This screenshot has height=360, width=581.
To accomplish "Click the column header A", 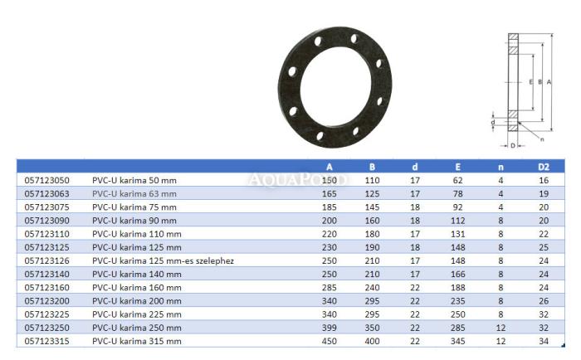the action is pyautogui.click(x=329, y=167).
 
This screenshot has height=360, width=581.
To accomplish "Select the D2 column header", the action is pyautogui.click(x=543, y=167).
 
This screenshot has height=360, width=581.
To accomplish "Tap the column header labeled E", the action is pyautogui.click(x=457, y=167).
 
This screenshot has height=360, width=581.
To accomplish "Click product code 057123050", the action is pyautogui.click(x=46, y=180).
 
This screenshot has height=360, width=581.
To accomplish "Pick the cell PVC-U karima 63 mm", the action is pyautogui.click(x=134, y=194).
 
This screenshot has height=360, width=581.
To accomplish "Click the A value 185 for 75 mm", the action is pyautogui.click(x=329, y=207).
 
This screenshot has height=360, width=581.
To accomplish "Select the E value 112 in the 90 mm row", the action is pyautogui.click(x=457, y=221).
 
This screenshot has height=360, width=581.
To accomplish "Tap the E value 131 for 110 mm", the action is pyautogui.click(x=457, y=234).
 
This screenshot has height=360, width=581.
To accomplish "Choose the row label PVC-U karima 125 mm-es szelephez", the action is pyautogui.click(x=163, y=260).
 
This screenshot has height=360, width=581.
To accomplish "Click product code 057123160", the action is pyautogui.click(x=46, y=287).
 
